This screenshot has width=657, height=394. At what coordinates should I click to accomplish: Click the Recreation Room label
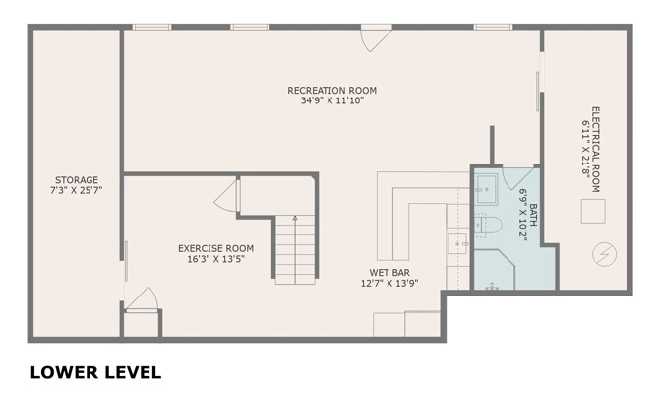[331, 91]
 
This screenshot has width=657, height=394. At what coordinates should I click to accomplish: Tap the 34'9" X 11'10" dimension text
[331, 100]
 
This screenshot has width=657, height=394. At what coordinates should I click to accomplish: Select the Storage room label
[77, 180]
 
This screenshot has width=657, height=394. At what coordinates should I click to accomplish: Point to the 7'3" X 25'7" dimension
[77, 190]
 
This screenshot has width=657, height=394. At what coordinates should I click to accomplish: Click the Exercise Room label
[215, 248]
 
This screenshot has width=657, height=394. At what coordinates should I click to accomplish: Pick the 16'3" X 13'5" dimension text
[215, 259]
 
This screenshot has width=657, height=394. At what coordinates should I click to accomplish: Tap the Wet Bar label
[389, 273]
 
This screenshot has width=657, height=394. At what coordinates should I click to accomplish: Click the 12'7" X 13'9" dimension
[389, 284]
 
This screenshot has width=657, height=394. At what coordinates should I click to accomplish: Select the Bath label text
[533, 215]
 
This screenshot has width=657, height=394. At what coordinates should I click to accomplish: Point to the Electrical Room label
[595, 150]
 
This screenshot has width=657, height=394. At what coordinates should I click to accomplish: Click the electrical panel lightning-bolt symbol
[604, 254]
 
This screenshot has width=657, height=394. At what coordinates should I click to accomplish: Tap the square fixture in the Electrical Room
[593, 211]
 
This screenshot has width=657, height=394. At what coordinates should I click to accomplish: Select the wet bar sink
[457, 243]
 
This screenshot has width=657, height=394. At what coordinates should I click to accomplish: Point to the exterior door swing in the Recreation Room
[376, 40]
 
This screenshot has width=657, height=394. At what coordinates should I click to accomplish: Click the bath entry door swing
[517, 176]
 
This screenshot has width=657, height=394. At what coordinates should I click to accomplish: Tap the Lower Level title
[95, 372]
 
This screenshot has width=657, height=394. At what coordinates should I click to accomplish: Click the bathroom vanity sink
[486, 190]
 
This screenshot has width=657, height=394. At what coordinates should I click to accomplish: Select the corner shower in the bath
[494, 269]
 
